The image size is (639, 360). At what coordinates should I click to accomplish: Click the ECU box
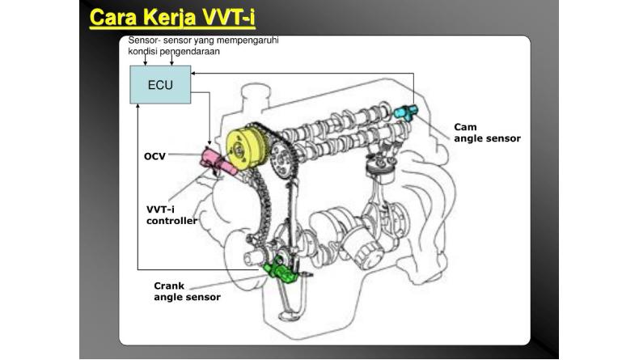(160, 84)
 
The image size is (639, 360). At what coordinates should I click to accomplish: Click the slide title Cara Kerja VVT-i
(177, 17)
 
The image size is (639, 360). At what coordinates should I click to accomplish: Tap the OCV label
(154, 155)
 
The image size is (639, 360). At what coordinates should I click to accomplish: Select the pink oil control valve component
(213, 159)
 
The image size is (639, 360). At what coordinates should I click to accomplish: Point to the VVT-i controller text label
(171, 214)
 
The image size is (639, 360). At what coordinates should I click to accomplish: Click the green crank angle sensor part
(281, 271)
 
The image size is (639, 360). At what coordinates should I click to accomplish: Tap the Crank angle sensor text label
(187, 291)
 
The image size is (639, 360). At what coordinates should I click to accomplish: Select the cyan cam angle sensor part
(405, 111)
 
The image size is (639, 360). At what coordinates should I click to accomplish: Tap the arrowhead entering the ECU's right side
(195, 74)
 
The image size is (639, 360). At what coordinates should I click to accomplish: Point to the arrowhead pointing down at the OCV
(209, 142)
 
